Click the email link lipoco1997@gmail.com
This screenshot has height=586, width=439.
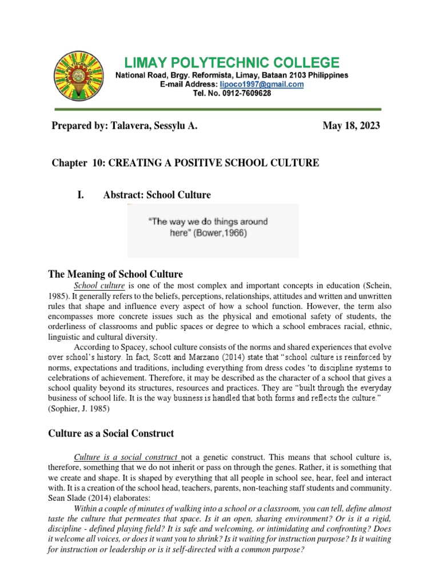pyautogui.click(x=262, y=84)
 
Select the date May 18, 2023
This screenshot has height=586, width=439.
pyautogui.click(x=351, y=126)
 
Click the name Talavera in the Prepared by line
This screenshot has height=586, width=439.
pyautogui.click(x=131, y=126)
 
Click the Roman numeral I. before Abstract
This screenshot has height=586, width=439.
pyautogui.click(x=80, y=195)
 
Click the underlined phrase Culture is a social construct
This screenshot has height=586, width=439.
pyautogui.click(x=127, y=457)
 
